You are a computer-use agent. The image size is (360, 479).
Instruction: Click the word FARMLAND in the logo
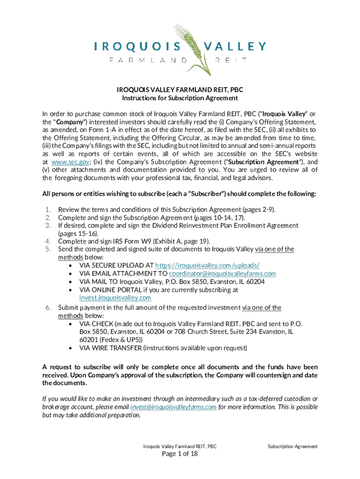(x=148, y=60)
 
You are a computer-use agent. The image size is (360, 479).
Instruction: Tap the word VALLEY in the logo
(x=235, y=46)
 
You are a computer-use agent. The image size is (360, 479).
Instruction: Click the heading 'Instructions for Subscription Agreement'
(x=180, y=98)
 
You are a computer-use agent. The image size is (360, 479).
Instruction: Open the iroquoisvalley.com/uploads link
(x=207, y=265)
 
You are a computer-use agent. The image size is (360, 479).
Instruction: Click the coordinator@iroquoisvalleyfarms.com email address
(x=222, y=273)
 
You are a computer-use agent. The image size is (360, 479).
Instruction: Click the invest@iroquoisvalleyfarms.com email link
(x=173, y=407)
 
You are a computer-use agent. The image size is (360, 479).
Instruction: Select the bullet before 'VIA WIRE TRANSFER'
(x=70, y=348)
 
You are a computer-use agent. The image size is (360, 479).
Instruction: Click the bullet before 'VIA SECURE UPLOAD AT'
(x=70, y=265)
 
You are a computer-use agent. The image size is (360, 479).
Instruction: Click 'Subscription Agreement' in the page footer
(x=292, y=446)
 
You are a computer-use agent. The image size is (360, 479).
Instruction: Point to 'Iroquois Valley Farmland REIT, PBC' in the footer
(x=180, y=446)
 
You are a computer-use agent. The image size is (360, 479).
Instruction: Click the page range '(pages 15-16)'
(x=78, y=233)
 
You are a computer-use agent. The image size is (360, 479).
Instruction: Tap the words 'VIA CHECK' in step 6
(x=96, y=324)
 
